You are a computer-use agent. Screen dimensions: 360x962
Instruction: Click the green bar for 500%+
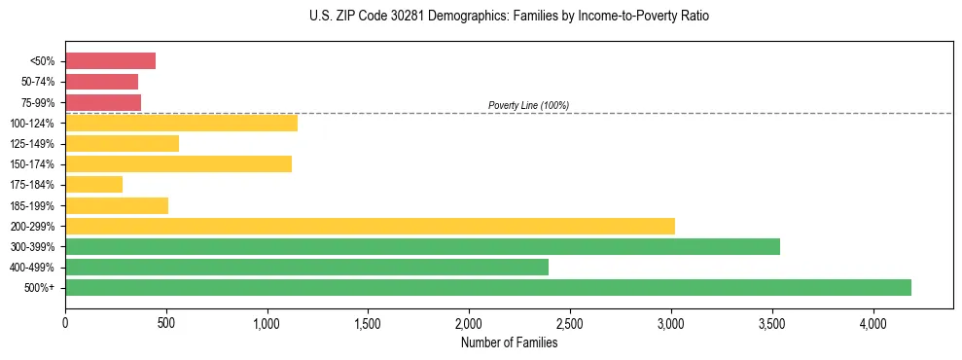[488, 287]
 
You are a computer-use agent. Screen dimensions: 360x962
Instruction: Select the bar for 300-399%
[422, 246]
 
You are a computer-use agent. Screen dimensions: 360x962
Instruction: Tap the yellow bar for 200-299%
[370, 226]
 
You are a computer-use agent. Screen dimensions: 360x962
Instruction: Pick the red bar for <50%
[110, 61]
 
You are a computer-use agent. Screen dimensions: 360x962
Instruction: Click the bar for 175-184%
[93, 184]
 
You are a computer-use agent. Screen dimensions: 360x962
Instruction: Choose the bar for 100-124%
[181, 123]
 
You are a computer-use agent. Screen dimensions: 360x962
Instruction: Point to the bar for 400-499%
[306, 267]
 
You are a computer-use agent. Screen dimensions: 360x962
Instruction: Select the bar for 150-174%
[178, 163]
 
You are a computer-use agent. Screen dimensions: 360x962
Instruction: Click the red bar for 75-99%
[103, 102]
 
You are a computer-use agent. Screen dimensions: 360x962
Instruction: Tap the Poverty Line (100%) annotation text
[528, 105]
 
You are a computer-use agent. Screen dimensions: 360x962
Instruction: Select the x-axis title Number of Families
[509, 342]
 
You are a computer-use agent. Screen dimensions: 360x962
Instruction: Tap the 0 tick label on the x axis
[65, 323]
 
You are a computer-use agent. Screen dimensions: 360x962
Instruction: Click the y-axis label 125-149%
[32, 144]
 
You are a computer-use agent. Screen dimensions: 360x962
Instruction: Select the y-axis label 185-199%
[32, 205]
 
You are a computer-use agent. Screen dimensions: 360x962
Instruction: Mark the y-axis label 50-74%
[38, 82]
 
